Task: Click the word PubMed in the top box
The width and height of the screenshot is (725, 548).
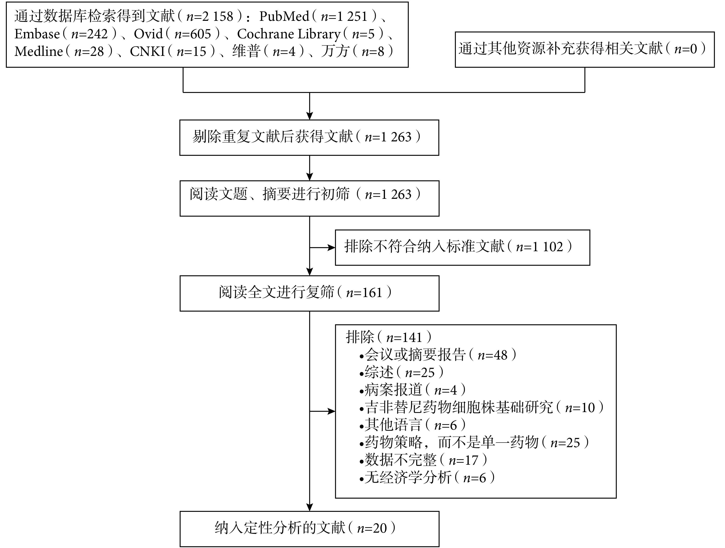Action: click(x=284, y=16)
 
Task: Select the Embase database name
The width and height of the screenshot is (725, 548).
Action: click(x=37, y=34)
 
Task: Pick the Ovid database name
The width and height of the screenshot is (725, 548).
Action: click(x=148, y=34)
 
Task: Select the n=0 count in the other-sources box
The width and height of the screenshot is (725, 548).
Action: click(x=686, y=49)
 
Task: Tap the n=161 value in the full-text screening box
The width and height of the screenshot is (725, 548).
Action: click(x=364, y=293)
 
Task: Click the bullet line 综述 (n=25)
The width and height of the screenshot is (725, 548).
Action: click(x=402, y=373)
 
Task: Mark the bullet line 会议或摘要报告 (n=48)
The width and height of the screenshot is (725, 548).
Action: click(x=438, y=355)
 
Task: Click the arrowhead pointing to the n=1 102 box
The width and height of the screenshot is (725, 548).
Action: click(x=332, y=247)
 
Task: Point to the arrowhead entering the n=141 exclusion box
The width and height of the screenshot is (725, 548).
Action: click(x=332, y=411)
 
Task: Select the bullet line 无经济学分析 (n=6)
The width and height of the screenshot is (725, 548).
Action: click(x=427, y=478)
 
